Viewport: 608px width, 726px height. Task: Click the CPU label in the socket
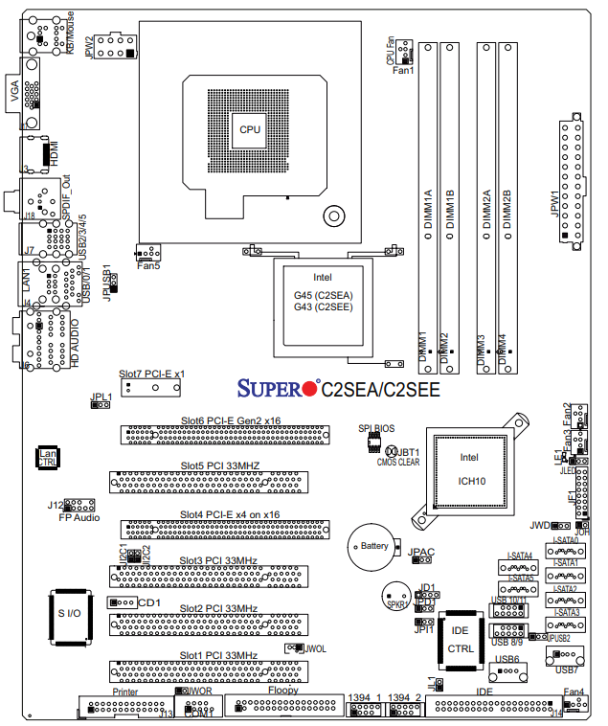click(x=250, y=129)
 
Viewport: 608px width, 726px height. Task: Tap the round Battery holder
click(x=374, y=546)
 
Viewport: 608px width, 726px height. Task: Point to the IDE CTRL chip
click(x=461, y=639)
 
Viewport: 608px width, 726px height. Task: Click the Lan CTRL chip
click(x=47, y=458)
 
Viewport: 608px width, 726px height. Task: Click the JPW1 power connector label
click(x=553, y=205)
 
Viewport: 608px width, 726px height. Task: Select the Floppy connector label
click(x=283, y=690)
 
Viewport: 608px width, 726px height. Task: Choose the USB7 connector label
click(x=567, y=671)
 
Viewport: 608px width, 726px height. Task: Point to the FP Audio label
click(x=79, y=517)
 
